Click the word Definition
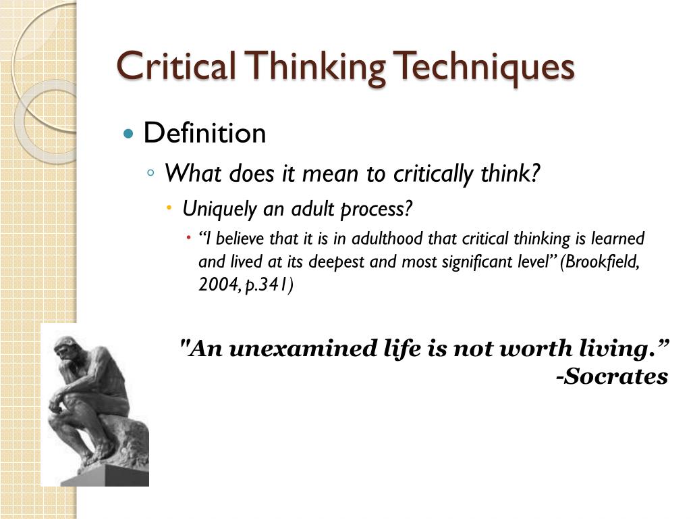204,133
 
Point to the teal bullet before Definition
129,133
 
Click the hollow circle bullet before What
151,173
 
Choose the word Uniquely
220,209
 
